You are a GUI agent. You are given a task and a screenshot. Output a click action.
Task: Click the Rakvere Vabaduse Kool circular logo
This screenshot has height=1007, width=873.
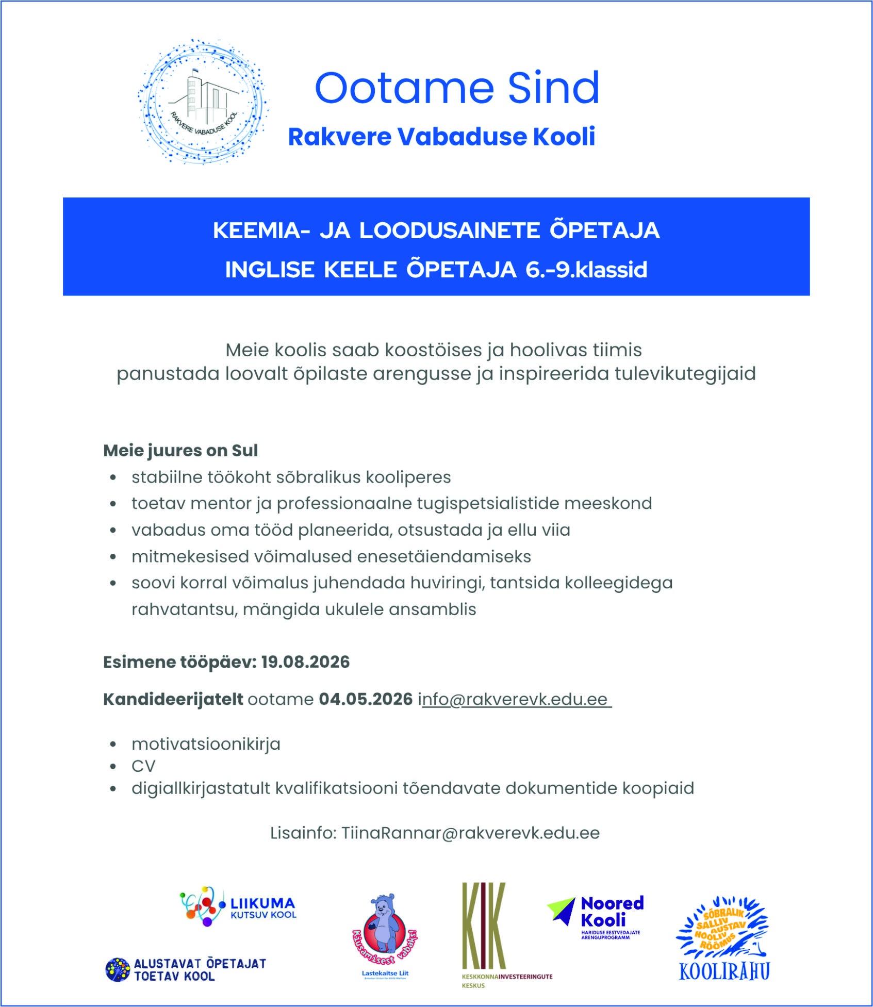coord(203,102)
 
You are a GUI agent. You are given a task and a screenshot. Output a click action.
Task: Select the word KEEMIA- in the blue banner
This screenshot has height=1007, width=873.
coord(262,230)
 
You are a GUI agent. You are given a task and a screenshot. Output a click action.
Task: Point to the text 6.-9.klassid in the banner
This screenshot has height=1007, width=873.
coord(586,270)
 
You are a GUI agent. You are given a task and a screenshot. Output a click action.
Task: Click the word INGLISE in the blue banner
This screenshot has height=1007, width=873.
coord(269,270)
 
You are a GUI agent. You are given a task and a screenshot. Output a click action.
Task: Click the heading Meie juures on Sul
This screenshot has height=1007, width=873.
coord(180,450)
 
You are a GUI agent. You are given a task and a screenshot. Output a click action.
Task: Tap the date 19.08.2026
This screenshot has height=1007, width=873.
coord(305,662)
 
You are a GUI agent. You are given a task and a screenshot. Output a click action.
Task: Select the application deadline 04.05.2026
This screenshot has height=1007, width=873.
coord(366,699)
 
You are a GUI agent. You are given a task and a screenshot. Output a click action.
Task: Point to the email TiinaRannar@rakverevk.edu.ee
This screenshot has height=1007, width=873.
coord(470,833)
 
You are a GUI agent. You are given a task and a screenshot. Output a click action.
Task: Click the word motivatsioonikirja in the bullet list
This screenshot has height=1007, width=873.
coord(206,744)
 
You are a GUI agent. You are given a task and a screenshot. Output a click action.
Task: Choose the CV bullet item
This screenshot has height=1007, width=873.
coord(143,766)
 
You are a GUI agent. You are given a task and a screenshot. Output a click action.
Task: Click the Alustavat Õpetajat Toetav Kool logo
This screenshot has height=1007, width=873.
coord(186,970)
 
